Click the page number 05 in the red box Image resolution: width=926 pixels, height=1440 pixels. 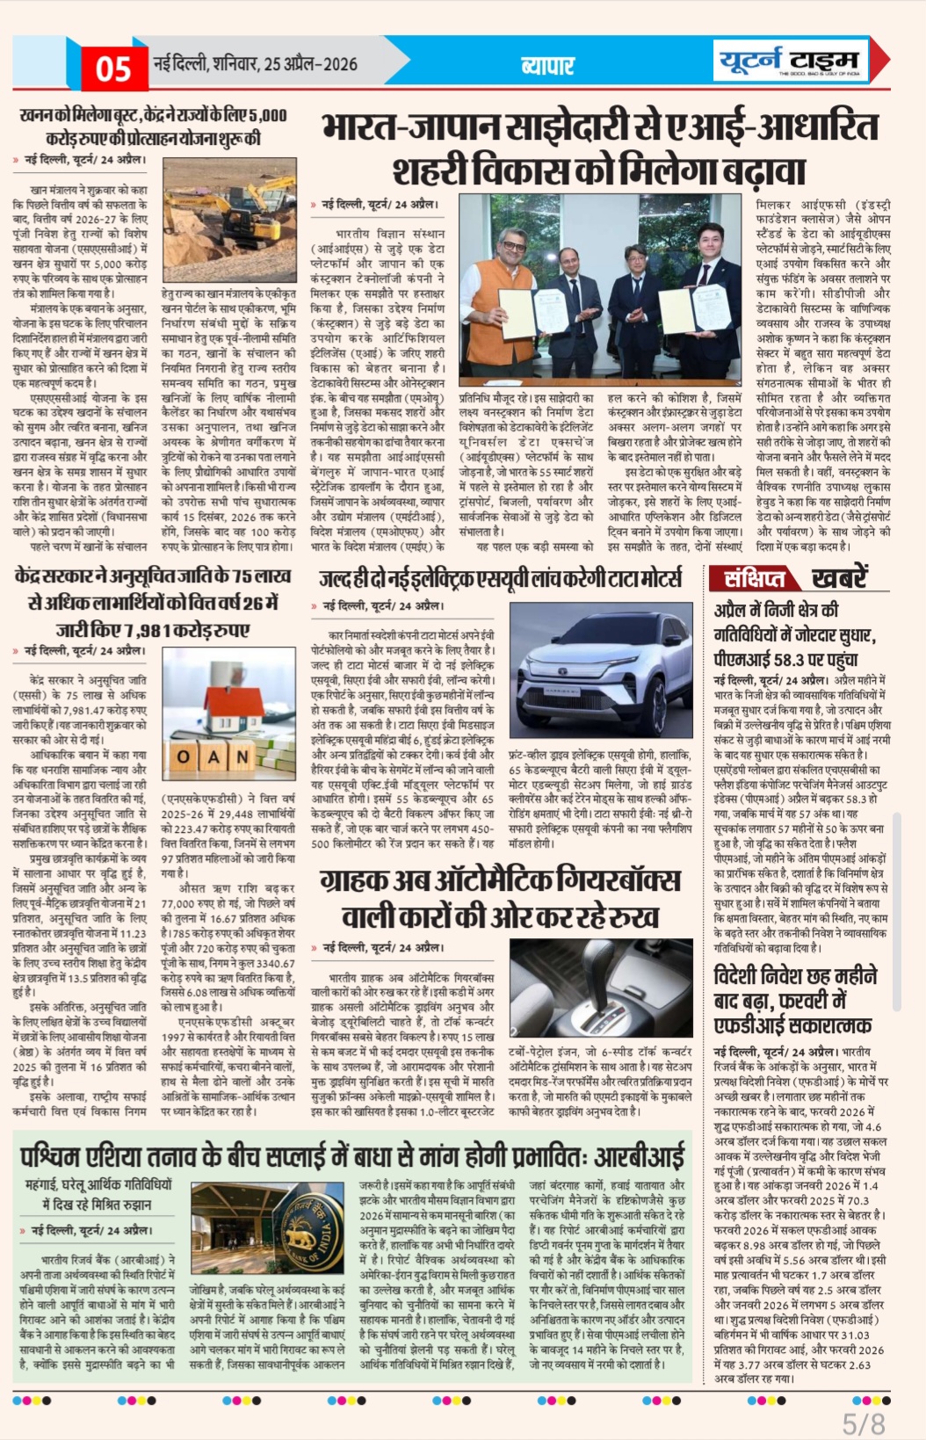113,69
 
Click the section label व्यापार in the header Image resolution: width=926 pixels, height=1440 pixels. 546,65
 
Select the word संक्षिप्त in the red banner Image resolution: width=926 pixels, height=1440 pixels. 754,578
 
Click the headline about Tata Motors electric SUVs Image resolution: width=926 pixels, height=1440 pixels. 500,578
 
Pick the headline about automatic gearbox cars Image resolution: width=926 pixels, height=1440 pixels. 500,898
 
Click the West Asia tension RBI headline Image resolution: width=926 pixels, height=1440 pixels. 351,1155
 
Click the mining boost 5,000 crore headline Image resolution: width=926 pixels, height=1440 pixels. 153,126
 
